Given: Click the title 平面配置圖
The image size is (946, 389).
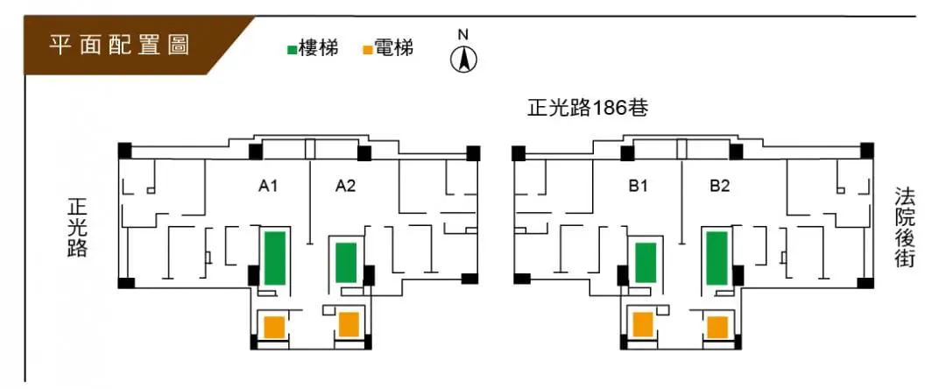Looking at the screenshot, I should click(120, 46).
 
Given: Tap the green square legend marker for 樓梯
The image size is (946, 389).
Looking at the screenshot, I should click(292, 50).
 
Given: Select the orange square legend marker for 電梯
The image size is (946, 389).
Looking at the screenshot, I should click(367, 50).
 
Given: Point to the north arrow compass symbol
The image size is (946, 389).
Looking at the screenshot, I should click(463, 59).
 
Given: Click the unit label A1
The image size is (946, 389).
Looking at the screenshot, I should click(268, 186).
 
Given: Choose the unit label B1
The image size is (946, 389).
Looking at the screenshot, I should click(637, 186).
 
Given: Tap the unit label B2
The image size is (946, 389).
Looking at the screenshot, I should click(720, 186).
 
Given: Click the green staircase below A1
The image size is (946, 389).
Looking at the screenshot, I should click(274, 258).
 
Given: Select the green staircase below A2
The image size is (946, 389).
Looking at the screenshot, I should click(346, 262).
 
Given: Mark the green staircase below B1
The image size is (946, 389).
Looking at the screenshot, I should click(646, 262).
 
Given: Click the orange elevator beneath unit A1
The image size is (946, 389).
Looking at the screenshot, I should click(274, 327).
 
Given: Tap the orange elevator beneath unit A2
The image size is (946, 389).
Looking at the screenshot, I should click(349, 324).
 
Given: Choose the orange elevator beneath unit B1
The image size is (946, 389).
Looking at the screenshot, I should click(643, 324).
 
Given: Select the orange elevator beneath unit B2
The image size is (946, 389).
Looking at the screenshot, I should click(718, 327).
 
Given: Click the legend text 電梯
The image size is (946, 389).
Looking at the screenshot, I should click(393, 49).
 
